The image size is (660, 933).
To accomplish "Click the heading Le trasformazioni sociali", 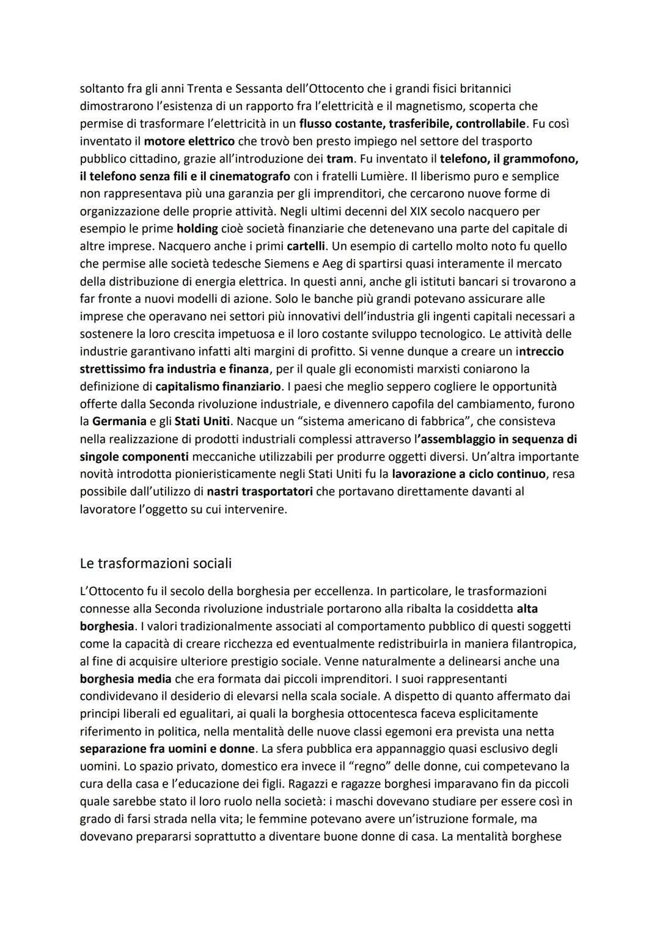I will coord(155,563).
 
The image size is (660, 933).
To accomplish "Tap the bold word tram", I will coord(340,159).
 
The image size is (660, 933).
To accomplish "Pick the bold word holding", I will coord(197,229).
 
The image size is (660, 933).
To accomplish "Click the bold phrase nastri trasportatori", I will coord(260,492).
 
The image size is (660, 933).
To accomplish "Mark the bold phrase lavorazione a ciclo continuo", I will coord(469,474).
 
